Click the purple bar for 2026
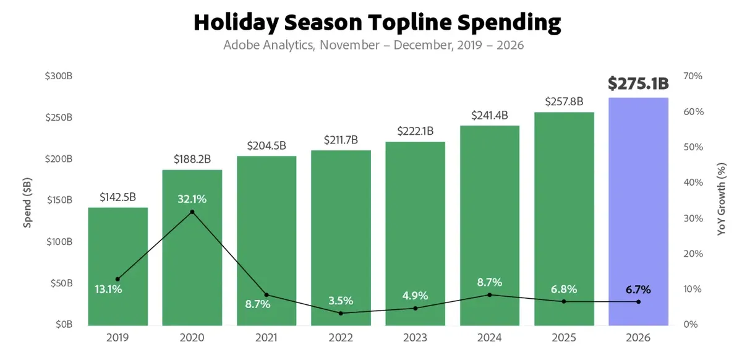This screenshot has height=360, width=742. (x=638, y=212)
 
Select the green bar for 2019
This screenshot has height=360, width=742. (x=118, y=267)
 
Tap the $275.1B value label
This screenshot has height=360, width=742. (x=638, y=84)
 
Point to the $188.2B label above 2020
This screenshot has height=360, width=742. (x=192, y=160)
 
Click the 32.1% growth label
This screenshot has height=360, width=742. (x=192, y=199)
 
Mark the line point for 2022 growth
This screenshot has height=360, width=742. (x=341, y=313)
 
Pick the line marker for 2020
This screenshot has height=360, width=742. (x=192, y=212)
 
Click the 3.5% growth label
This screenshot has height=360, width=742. (x=341, y=301)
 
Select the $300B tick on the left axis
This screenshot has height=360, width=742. (x=59, y=76)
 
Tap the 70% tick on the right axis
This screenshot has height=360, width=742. (x=693, y=76)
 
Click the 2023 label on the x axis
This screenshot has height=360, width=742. (x=415, y=338)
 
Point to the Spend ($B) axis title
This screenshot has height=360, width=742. (x=27, y=203)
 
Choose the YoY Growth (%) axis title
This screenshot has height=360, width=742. (x=721, y=199)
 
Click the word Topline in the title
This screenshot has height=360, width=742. (x=410, y=22)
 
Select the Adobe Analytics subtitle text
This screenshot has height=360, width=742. (x=269, y=45)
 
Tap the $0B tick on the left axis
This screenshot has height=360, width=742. (x=64, y=324)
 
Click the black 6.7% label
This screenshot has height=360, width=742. (x=638, y=289)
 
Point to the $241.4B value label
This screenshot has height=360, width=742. (x=490, y=115)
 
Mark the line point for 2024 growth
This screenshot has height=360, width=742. (x=490, y=294)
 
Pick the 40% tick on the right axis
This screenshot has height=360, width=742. (x=693, y=182)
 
